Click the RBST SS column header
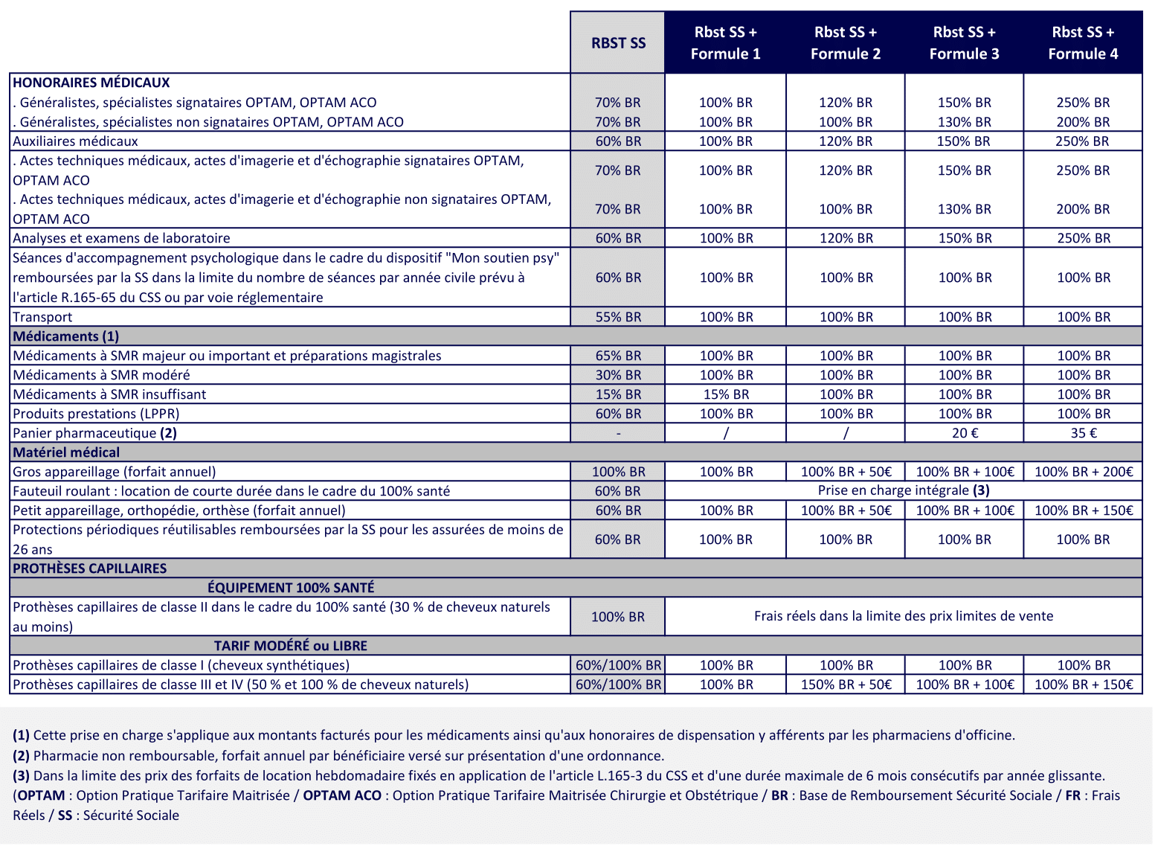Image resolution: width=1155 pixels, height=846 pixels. coord(618,43)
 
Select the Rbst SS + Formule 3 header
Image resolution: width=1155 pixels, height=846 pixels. coord(964,43)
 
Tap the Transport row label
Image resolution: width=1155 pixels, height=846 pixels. coord(42,317)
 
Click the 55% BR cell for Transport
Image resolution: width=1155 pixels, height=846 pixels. coord(618,317)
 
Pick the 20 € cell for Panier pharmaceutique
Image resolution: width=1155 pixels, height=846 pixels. coord(965,433)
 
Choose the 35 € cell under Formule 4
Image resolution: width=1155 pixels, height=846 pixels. coord(1084,433)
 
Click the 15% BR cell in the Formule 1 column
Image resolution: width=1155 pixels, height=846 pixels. coord(726,394)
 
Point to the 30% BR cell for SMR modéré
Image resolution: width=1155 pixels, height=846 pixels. coord(618,375)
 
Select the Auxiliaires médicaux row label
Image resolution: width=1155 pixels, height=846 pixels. coord(75,141)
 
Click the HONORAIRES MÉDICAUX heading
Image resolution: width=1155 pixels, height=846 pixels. coord(91,83)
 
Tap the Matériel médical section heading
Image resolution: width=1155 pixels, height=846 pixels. coord(66,452)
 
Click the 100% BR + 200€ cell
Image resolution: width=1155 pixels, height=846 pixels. coord(1084,472)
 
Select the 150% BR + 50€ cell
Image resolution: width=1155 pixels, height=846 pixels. coord(846,685)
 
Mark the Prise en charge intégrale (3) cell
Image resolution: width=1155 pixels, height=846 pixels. coord(904,490)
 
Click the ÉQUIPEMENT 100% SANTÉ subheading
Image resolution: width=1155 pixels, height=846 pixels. coord(291,588)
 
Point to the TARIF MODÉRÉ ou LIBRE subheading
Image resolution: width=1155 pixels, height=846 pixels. coord(291,646)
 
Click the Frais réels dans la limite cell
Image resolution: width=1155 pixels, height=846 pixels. coord(904,616)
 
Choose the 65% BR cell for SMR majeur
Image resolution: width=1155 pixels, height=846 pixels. coord(618,356)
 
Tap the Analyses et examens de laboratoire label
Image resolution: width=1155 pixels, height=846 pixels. coord(121,238)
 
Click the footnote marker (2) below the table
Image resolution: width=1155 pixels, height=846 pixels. coord(21,756)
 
